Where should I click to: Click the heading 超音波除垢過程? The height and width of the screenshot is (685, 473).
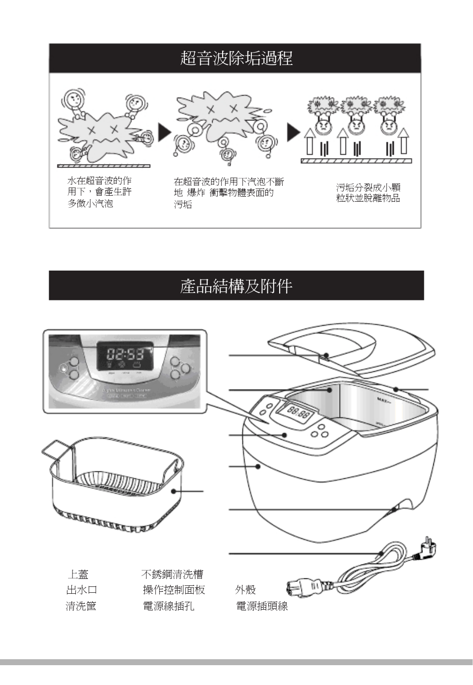[236, 58]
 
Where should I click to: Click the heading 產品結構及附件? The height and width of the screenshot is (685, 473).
[236, 286]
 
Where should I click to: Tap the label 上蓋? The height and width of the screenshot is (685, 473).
[78, 574]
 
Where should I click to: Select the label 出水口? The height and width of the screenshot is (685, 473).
[82, 590]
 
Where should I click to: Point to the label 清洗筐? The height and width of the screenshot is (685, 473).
[81, 606]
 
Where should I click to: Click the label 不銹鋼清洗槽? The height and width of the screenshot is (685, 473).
[172, 574]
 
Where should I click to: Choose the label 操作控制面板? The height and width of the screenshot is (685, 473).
[174, 590]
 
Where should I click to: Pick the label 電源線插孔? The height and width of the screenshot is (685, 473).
[169, 606]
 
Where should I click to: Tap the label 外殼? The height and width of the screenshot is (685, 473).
[245, 590]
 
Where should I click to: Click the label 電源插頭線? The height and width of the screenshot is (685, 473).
[262, 606]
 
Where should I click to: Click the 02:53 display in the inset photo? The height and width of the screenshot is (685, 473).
[125, 354]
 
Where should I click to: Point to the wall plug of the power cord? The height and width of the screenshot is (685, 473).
[428, 549]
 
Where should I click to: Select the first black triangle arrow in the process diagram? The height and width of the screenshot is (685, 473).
[164, 132]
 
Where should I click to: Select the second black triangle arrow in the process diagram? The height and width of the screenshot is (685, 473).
[293, 132]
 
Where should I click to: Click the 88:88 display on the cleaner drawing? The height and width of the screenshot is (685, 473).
[299, 412]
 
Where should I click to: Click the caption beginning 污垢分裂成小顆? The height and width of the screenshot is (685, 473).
[368, 193]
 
